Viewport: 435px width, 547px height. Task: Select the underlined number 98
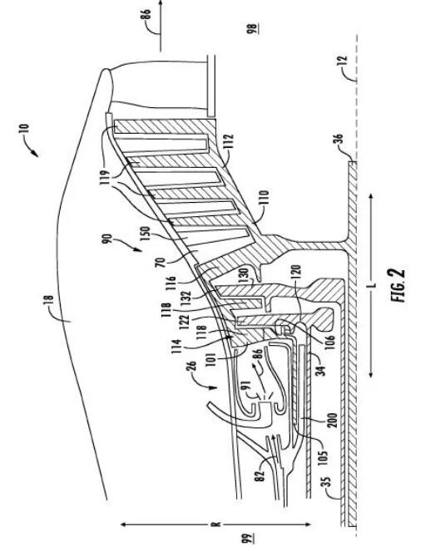point(253,28)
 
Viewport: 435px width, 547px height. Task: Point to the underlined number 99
point(249,537)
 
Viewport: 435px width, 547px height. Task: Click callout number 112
point(229,143)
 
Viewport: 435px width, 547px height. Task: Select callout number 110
point(264,199)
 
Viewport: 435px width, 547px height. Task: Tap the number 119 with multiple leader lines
point(105,177)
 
